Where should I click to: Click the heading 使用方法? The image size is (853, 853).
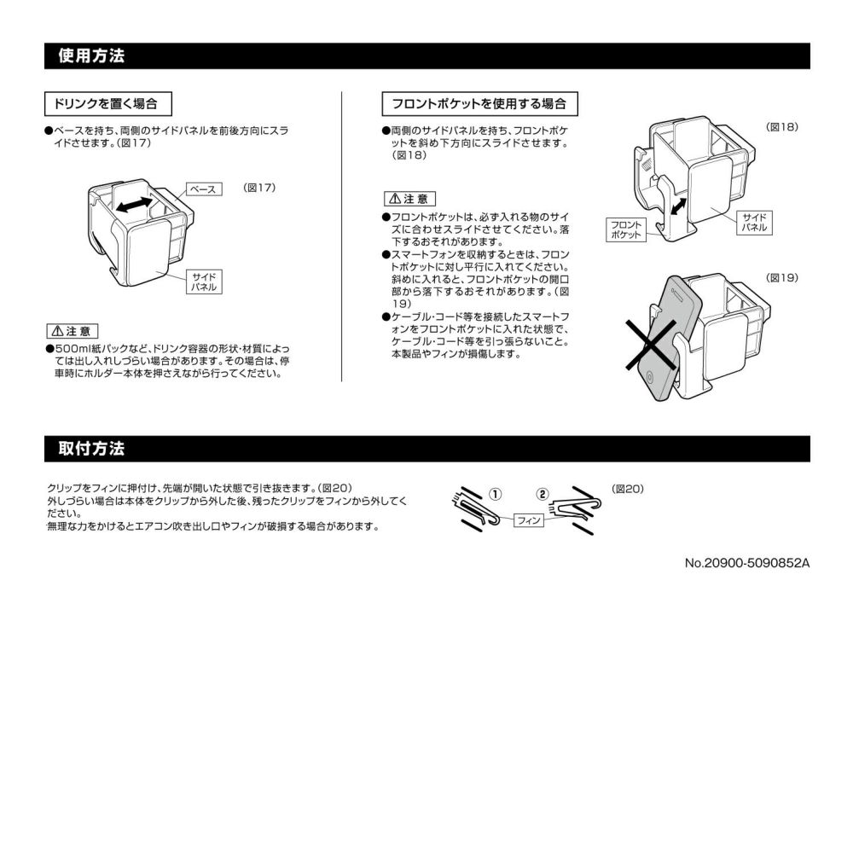tap(91, 56)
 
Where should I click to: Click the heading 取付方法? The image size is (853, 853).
tap(91, 449)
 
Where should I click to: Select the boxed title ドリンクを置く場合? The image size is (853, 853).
tap(106, 104)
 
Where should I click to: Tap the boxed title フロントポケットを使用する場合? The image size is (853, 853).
tap(479, 104)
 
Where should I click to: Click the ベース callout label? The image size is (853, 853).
tap(202, 189)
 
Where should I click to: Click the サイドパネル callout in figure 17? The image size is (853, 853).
tap(203, 282)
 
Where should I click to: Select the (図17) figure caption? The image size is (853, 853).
tap(259, 187)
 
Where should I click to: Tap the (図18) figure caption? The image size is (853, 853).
tap(782, 127)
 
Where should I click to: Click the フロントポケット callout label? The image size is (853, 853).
tap(627, 229)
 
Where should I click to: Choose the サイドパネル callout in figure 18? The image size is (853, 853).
tap(756, 223)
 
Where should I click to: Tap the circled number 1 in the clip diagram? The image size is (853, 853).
tap(494, 493)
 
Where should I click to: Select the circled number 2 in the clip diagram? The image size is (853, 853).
tap(543, 493)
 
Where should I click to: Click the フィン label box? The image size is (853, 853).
tap(529, 521)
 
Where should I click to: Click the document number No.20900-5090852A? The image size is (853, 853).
tap(746, 563)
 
